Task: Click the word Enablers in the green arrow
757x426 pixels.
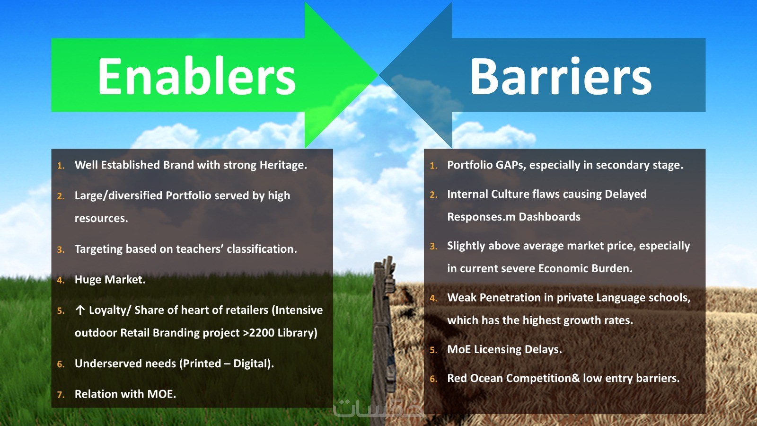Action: (197, 76)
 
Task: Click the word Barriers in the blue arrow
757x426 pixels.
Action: (561, 76)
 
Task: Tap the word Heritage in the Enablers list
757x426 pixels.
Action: (283, 165)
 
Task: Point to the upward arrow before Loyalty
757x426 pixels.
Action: (80, 310)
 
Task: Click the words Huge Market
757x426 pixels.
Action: (110, 280)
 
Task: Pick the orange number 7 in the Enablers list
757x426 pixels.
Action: (61, 395)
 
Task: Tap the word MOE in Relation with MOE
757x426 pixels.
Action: (161, 394)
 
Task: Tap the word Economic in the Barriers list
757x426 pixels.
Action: (563, 268)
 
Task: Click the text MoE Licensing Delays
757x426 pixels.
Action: (504, 349)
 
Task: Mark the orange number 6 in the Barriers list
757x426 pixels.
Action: (433, 379)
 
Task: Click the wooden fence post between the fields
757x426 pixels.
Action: (384, 338)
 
